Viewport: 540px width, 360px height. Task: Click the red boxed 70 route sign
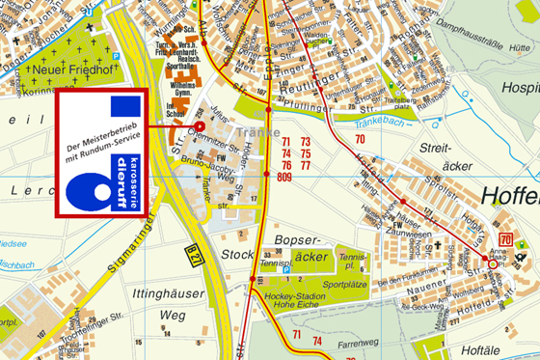pyautogui.click(x=504, y=239)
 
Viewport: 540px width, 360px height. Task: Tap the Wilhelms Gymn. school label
pyautogui.click(x=181, y=88)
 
